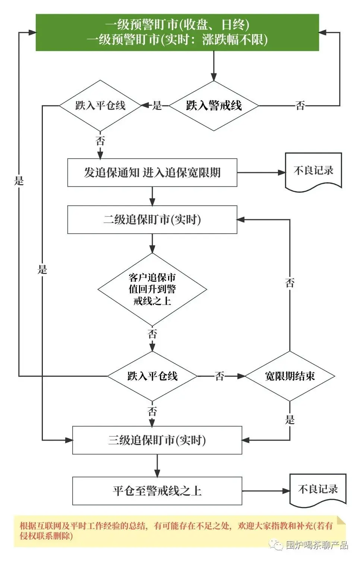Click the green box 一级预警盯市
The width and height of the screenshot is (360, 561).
(177, 32)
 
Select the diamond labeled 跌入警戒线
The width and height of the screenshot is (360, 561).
(214, 105)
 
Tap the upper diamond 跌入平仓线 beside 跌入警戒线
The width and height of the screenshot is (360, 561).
(100, 105)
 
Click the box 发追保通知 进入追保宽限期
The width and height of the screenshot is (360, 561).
(152, 173)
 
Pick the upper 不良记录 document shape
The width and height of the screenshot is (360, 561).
(313, 171)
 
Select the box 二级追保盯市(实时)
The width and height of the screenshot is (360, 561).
(152, 220)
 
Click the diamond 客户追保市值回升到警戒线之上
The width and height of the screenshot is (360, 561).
(152, 289)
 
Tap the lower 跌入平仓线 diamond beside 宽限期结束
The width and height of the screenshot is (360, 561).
(152, 376)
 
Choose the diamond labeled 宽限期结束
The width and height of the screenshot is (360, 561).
(290, 376)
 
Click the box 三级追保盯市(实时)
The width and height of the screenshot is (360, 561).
(157, 440)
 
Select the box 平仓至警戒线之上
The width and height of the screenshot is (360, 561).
(157, 491)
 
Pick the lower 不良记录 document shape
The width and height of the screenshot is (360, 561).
(318, 490)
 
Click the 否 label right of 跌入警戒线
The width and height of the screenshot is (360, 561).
(300, 105)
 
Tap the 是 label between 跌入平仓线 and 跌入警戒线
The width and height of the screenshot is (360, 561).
(157, 105)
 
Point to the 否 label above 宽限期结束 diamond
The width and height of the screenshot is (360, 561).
(290, 283)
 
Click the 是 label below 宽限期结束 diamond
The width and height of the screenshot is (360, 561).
(290, 420)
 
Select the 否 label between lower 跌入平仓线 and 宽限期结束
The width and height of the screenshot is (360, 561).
(220, 376)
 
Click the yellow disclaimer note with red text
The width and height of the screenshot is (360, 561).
(175, 531)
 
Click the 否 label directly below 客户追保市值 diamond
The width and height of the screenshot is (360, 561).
(152, 334)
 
